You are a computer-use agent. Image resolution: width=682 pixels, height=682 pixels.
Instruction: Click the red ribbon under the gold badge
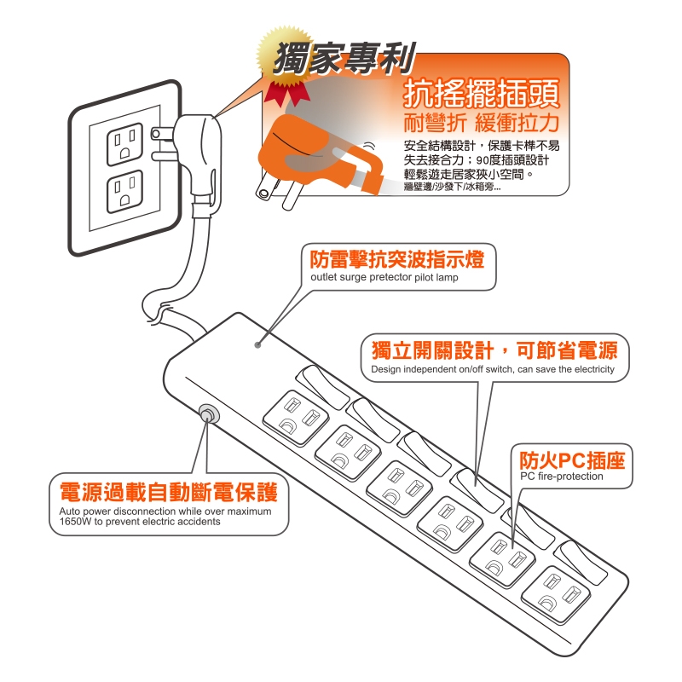(x=285, y=93)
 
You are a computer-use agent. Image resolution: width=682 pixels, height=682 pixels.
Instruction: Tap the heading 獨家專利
(x=344, y=58)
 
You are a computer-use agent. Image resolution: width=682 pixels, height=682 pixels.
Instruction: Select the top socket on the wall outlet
(x=124, y=144)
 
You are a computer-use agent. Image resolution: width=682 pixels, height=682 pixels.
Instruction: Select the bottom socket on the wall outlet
(x=124, y=191)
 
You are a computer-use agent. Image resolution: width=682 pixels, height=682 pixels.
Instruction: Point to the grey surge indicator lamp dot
(x=258, y=345)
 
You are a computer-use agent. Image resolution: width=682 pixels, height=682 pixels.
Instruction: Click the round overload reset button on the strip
(x=209, y=414)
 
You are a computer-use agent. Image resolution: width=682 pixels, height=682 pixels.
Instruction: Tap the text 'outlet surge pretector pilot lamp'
(x=384, y=278)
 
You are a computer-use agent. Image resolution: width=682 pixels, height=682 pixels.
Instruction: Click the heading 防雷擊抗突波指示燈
(x=396, y=259)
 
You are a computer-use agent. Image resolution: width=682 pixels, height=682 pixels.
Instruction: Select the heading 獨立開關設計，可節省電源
(x=494, y=350)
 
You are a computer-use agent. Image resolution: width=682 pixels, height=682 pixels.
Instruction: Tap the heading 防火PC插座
(x=572, y=460)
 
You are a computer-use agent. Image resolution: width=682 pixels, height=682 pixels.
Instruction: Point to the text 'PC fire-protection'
(x=562, y=477)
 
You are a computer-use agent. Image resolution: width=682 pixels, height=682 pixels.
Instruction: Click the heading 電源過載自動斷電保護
(x=169, y=492)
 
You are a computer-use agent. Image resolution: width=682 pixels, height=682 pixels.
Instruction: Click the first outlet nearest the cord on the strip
(x=296, y=418)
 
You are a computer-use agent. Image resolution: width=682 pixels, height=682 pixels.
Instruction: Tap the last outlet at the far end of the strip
(x=556, y=594)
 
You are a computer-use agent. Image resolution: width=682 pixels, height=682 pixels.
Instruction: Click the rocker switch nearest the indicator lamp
(x=322, y=387)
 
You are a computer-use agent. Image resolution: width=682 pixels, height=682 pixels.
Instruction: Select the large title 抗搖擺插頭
(x=482, y=94)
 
